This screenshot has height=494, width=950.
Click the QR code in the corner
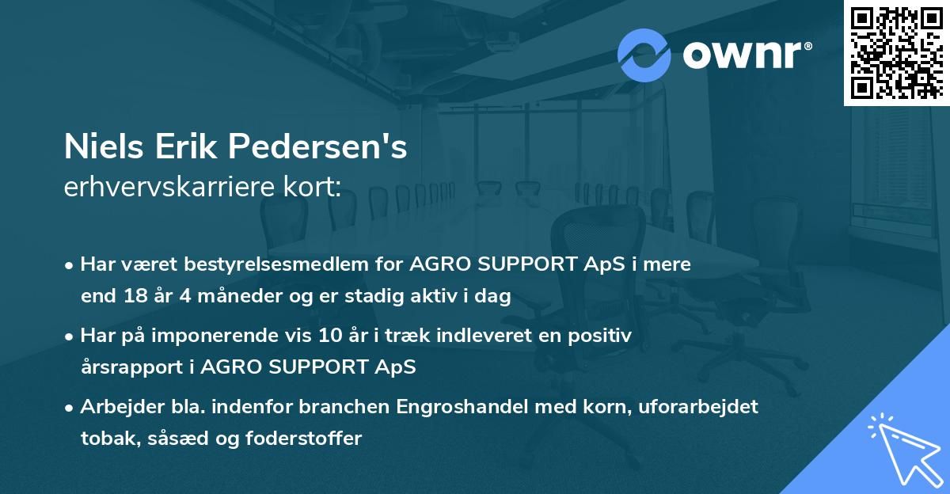(896, 52)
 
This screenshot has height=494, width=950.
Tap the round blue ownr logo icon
(644, 55)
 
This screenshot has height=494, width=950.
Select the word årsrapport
(129, 367)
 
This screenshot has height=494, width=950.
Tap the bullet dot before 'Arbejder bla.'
(70, 407)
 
